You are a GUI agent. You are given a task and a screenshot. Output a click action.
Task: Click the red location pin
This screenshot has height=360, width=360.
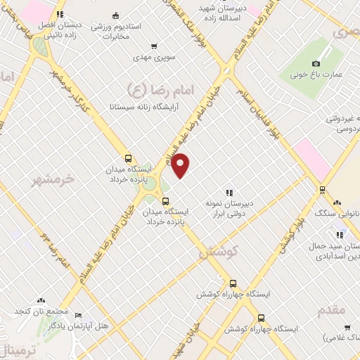click(181, 165)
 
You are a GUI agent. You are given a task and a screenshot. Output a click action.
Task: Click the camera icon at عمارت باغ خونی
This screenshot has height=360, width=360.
click(325, 63)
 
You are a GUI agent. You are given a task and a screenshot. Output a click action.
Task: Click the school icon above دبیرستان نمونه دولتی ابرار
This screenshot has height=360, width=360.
click(229, 192)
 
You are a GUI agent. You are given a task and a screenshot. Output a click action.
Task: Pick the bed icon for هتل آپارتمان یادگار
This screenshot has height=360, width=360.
click(78, 315)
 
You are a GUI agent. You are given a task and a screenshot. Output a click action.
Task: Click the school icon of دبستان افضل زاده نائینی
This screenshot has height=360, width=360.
click(60, 13)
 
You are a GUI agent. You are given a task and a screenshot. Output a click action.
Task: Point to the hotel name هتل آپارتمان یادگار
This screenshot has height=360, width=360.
click(51, 326)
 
